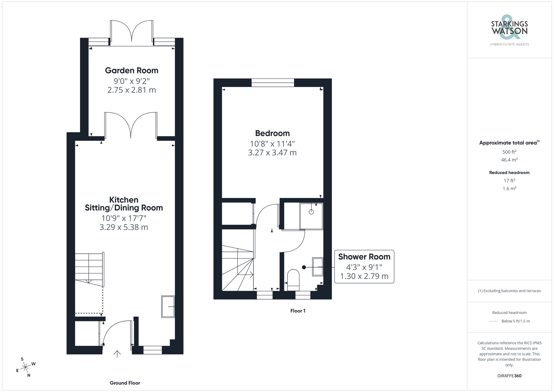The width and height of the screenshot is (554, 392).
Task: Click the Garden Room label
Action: click(132, 70)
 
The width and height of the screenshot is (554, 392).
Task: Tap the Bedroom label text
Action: click(272, 133)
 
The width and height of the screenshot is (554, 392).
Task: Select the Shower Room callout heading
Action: click(364, 257)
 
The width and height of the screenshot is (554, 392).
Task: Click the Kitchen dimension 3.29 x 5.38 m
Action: click(124, 227)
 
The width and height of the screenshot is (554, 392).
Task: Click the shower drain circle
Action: click(311, 212)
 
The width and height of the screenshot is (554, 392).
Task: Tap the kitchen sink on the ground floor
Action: click(168, 307)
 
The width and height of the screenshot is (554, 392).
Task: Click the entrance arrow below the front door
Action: click(117, 354)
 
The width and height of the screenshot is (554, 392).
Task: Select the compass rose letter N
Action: click(29, 375)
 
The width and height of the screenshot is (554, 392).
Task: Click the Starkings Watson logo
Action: click(509, 30)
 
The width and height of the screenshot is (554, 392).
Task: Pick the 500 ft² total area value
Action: click(509, 152)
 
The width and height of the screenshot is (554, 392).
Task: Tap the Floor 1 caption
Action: click(298, 311)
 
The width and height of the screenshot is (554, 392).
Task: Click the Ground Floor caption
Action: click(125, 383)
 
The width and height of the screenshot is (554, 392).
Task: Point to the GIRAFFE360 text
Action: click(509, 376)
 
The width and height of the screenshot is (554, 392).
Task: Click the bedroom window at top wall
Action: click(273, 83)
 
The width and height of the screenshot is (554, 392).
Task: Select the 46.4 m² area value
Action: click(509, 160)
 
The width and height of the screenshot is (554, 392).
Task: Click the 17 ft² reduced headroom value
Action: click(509, 181)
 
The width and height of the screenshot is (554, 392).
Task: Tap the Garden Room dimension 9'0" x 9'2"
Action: click(132, 81)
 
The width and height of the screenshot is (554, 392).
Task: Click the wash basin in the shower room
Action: click(318, 267)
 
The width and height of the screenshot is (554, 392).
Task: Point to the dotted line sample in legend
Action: click(494, 321)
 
